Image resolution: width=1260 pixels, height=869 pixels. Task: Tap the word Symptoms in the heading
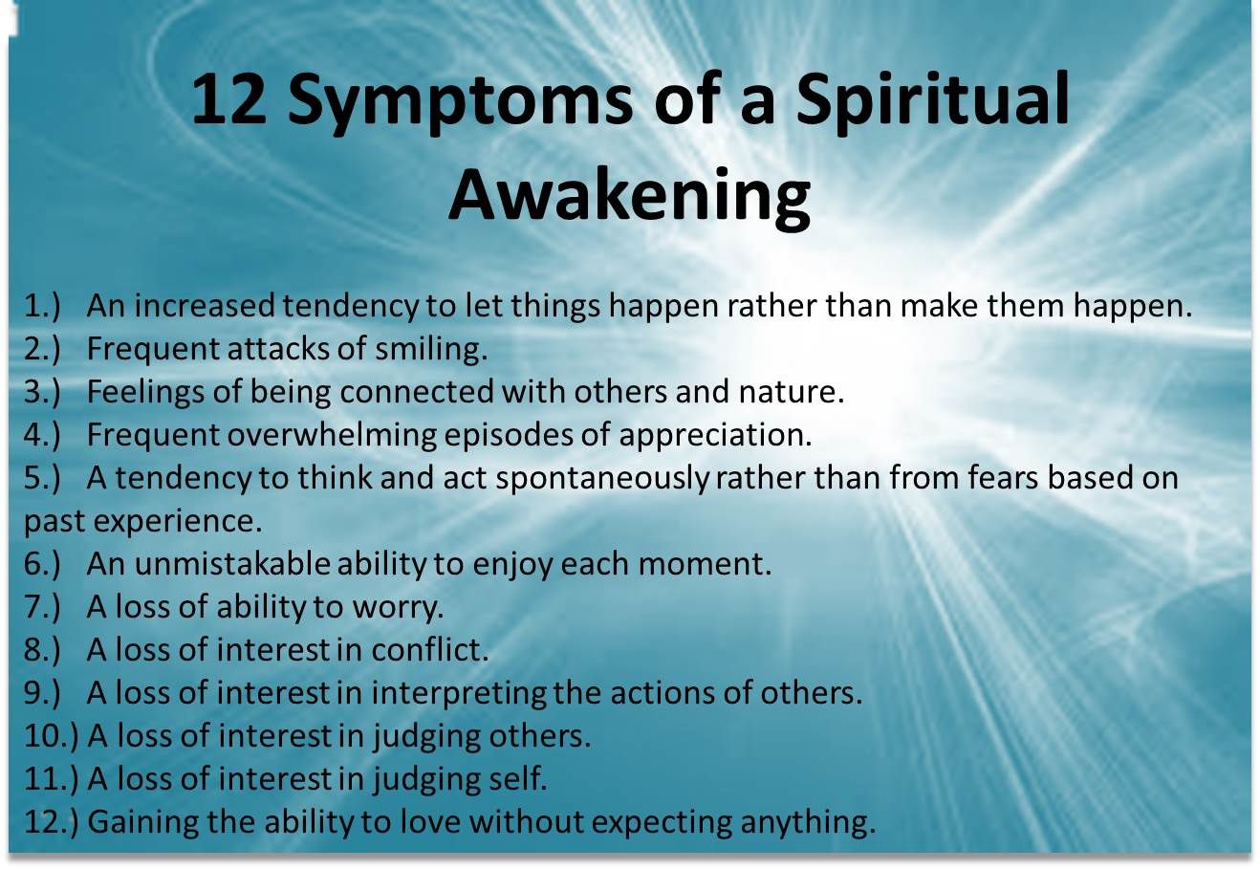point(460,104)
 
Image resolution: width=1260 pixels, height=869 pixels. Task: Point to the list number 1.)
point(42,307)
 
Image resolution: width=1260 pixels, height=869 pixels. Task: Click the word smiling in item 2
point(431,350)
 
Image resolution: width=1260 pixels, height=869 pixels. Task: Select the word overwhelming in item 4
point(332,436)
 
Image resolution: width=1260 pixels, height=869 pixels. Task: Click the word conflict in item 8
point(430,650)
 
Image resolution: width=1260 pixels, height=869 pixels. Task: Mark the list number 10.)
point(51,737)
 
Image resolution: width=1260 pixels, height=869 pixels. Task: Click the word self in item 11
point(518,779)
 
